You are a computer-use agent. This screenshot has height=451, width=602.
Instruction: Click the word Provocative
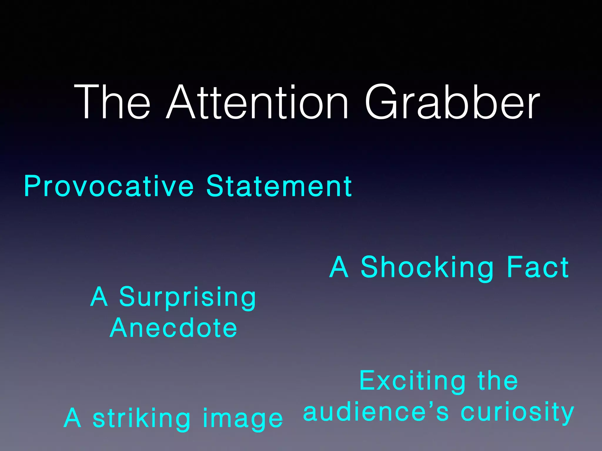point(109,186)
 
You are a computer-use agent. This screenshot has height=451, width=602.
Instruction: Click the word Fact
point(538,267)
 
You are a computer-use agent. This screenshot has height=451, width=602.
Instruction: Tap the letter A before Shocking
point(339,267)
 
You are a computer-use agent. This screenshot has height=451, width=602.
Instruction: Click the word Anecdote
point(173,328)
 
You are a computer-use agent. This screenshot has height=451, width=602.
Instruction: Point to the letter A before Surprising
point(99,297)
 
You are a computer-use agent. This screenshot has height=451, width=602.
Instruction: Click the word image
point(243,419)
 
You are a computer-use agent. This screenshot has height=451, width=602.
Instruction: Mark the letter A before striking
point(72,418)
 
